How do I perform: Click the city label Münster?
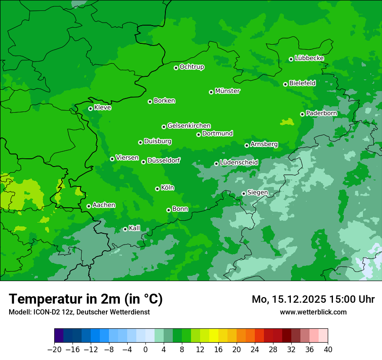pos(227,91)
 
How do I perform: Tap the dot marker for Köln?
pos(157,189)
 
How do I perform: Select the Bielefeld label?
pos(303,83)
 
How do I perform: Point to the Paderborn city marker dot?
pos(302,114)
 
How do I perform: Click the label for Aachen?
pos(104,205)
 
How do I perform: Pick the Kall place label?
pos(135,228)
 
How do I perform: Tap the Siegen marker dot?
pos(244,193)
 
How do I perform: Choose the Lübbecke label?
pos(309,58)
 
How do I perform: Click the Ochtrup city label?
pos(192,67)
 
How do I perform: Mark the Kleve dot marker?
pos(90,108)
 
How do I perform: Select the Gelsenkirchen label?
pos(189,126)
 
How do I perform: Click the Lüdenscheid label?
pos(239,163)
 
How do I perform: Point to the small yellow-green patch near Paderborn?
pos(286,122)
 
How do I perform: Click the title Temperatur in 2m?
pos(86,299)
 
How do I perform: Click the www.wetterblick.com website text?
pos(313,312)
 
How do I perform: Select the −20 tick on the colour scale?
pos(54,350)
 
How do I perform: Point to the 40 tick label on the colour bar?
pos(328,350)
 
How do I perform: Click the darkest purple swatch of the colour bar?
pos(59,336)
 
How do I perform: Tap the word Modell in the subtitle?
pos(19,312)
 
